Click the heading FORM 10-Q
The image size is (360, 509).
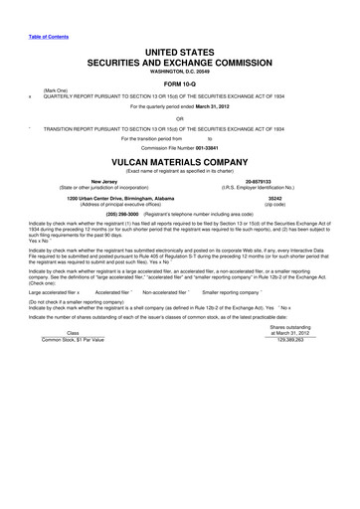[x=180, y=83]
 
